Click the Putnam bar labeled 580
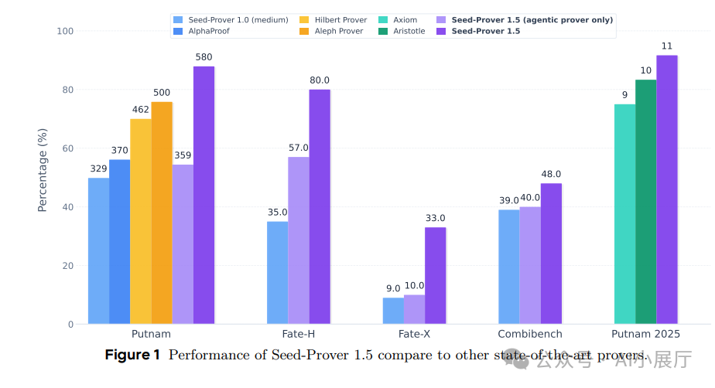[x=204, y=195]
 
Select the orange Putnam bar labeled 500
[x=162, y=213]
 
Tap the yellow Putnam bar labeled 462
[x=140, y=221]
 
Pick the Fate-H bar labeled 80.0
[x=320, y=206]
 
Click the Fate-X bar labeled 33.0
[x=435, y=275]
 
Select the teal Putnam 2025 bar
[x=624, y=214]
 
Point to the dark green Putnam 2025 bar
[x=645, y=202]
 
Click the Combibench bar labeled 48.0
[x=551, y=254]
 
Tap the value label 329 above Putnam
[x=98, y=168]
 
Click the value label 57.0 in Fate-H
[x=299, y=148]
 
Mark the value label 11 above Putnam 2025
[x=667, y=46]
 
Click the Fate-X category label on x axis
[x=414, y=334]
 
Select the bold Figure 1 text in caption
[x=132, y=356]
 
